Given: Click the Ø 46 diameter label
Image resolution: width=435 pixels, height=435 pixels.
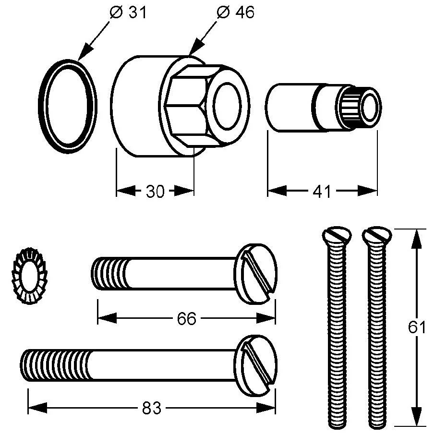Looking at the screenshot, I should coord(235,13).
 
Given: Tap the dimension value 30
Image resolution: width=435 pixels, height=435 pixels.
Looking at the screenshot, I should coord(155,192).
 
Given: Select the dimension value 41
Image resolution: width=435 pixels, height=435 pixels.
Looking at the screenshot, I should coord(322,192).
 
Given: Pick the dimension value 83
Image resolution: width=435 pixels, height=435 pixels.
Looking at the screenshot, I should coord(152,409).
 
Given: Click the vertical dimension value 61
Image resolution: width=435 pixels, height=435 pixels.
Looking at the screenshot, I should coord(417,328).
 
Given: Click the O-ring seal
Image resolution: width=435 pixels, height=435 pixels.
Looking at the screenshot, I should coord(67,106).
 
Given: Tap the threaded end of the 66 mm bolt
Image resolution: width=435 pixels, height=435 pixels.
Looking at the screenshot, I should coord(108,274).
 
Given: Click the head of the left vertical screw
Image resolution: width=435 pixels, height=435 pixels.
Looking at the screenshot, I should coord(336,236).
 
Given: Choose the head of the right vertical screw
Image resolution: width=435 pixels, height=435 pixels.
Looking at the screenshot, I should coord(377,236).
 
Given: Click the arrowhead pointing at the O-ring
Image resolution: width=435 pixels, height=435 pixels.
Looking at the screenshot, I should coord(85,53).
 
